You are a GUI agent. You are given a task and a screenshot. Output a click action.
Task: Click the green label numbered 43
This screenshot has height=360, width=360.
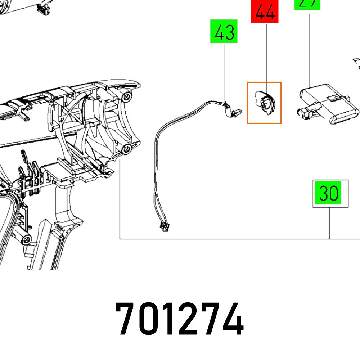[224, 32]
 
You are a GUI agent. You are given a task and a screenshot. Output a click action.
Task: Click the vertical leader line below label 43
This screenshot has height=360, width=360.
[225, 72]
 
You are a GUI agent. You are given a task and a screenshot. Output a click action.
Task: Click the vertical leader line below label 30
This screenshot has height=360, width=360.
[329, 223]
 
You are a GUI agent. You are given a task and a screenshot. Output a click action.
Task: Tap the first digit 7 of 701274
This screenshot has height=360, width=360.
[127, 319]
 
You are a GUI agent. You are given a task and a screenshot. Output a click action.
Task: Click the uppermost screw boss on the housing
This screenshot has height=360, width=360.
[126, 96]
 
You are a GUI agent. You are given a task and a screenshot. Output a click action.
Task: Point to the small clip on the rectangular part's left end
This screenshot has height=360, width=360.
[303, 112]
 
